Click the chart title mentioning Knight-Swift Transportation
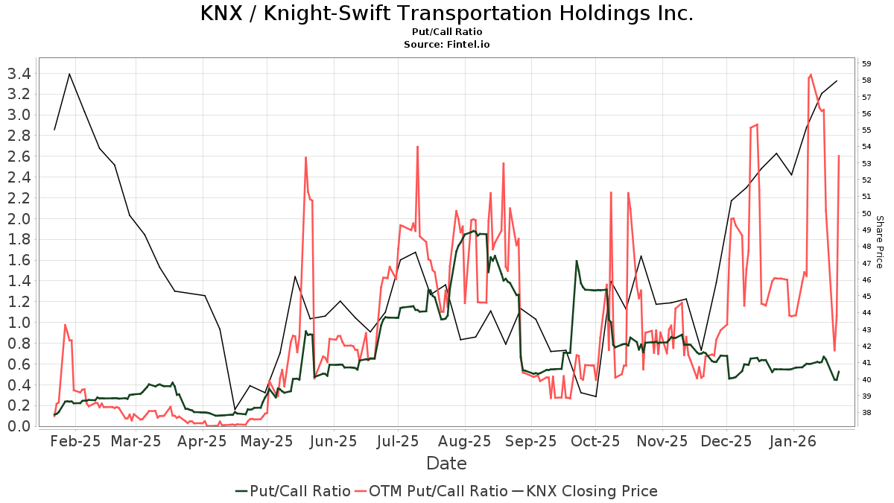pyautogui.click(x=447, y=13)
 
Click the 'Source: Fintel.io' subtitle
pyautogui.click(x=447, y=44)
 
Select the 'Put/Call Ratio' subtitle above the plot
pyautogui.click(x=447, y=32)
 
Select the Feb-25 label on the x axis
pyautogui.click(x=75, y=441)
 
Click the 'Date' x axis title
pyautogui.click(x=446, y=464)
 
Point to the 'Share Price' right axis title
pyautogui.click(x=879, y=242)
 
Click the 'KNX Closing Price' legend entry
pyautogui.click(x=584, y=491)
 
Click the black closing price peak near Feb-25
pyautogui.click(x=69, y=74)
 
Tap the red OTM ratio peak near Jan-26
pyautogui.click(x=811, y=75)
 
